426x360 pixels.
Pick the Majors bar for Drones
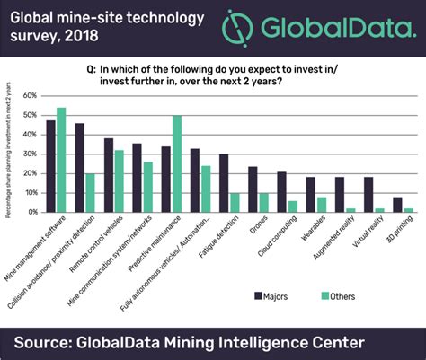coord(253,189)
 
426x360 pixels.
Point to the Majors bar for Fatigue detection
coord(224,183)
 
